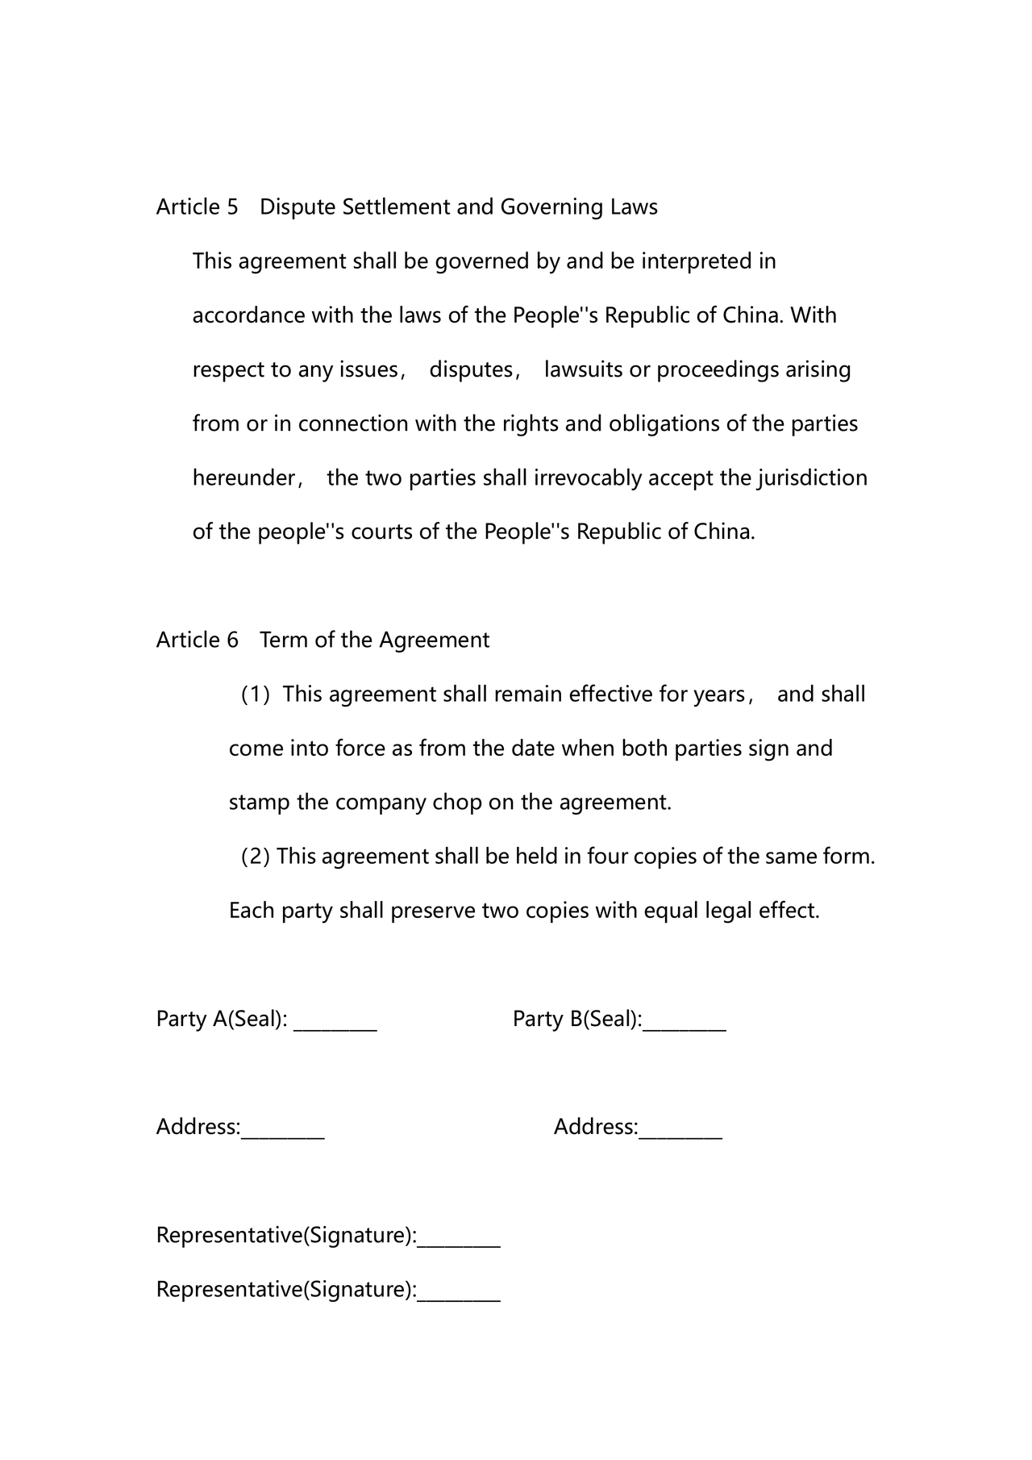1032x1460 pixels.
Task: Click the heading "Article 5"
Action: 197,207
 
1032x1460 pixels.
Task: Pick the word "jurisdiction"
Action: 812,478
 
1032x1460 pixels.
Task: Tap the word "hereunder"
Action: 244,478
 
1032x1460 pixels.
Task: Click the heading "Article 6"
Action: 197,640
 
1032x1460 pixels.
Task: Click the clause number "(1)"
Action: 256,695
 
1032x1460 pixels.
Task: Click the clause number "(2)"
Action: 256,857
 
